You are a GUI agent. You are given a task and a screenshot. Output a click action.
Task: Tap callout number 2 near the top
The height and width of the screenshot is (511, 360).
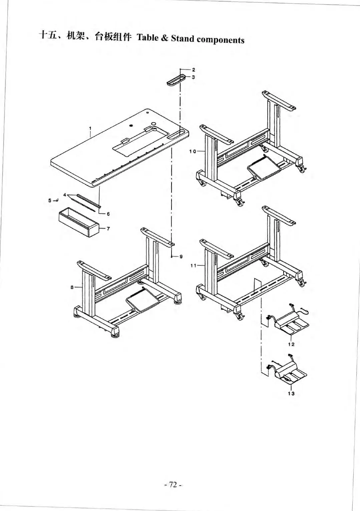[x=193, y=70]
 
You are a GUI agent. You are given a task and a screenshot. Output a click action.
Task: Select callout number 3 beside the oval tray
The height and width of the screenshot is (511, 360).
[x=193, y=77]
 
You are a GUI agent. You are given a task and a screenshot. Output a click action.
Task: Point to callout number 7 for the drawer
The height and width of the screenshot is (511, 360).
[x=108, y=228]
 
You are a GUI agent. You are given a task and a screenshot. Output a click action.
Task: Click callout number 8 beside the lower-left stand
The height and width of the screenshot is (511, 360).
[x=72, y=287]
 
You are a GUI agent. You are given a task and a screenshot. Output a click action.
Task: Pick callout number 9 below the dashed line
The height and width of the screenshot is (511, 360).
[x=181, y=257]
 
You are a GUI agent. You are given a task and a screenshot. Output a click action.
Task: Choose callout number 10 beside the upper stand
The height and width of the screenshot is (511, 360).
[x=193, y=151]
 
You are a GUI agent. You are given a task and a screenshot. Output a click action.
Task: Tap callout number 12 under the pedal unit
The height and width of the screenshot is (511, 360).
[x=291, y=344]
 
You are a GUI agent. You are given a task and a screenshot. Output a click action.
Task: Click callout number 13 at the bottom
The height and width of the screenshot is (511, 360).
[x=291, y=394]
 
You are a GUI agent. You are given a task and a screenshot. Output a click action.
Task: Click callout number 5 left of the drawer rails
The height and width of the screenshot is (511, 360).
[x=50, y=200]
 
